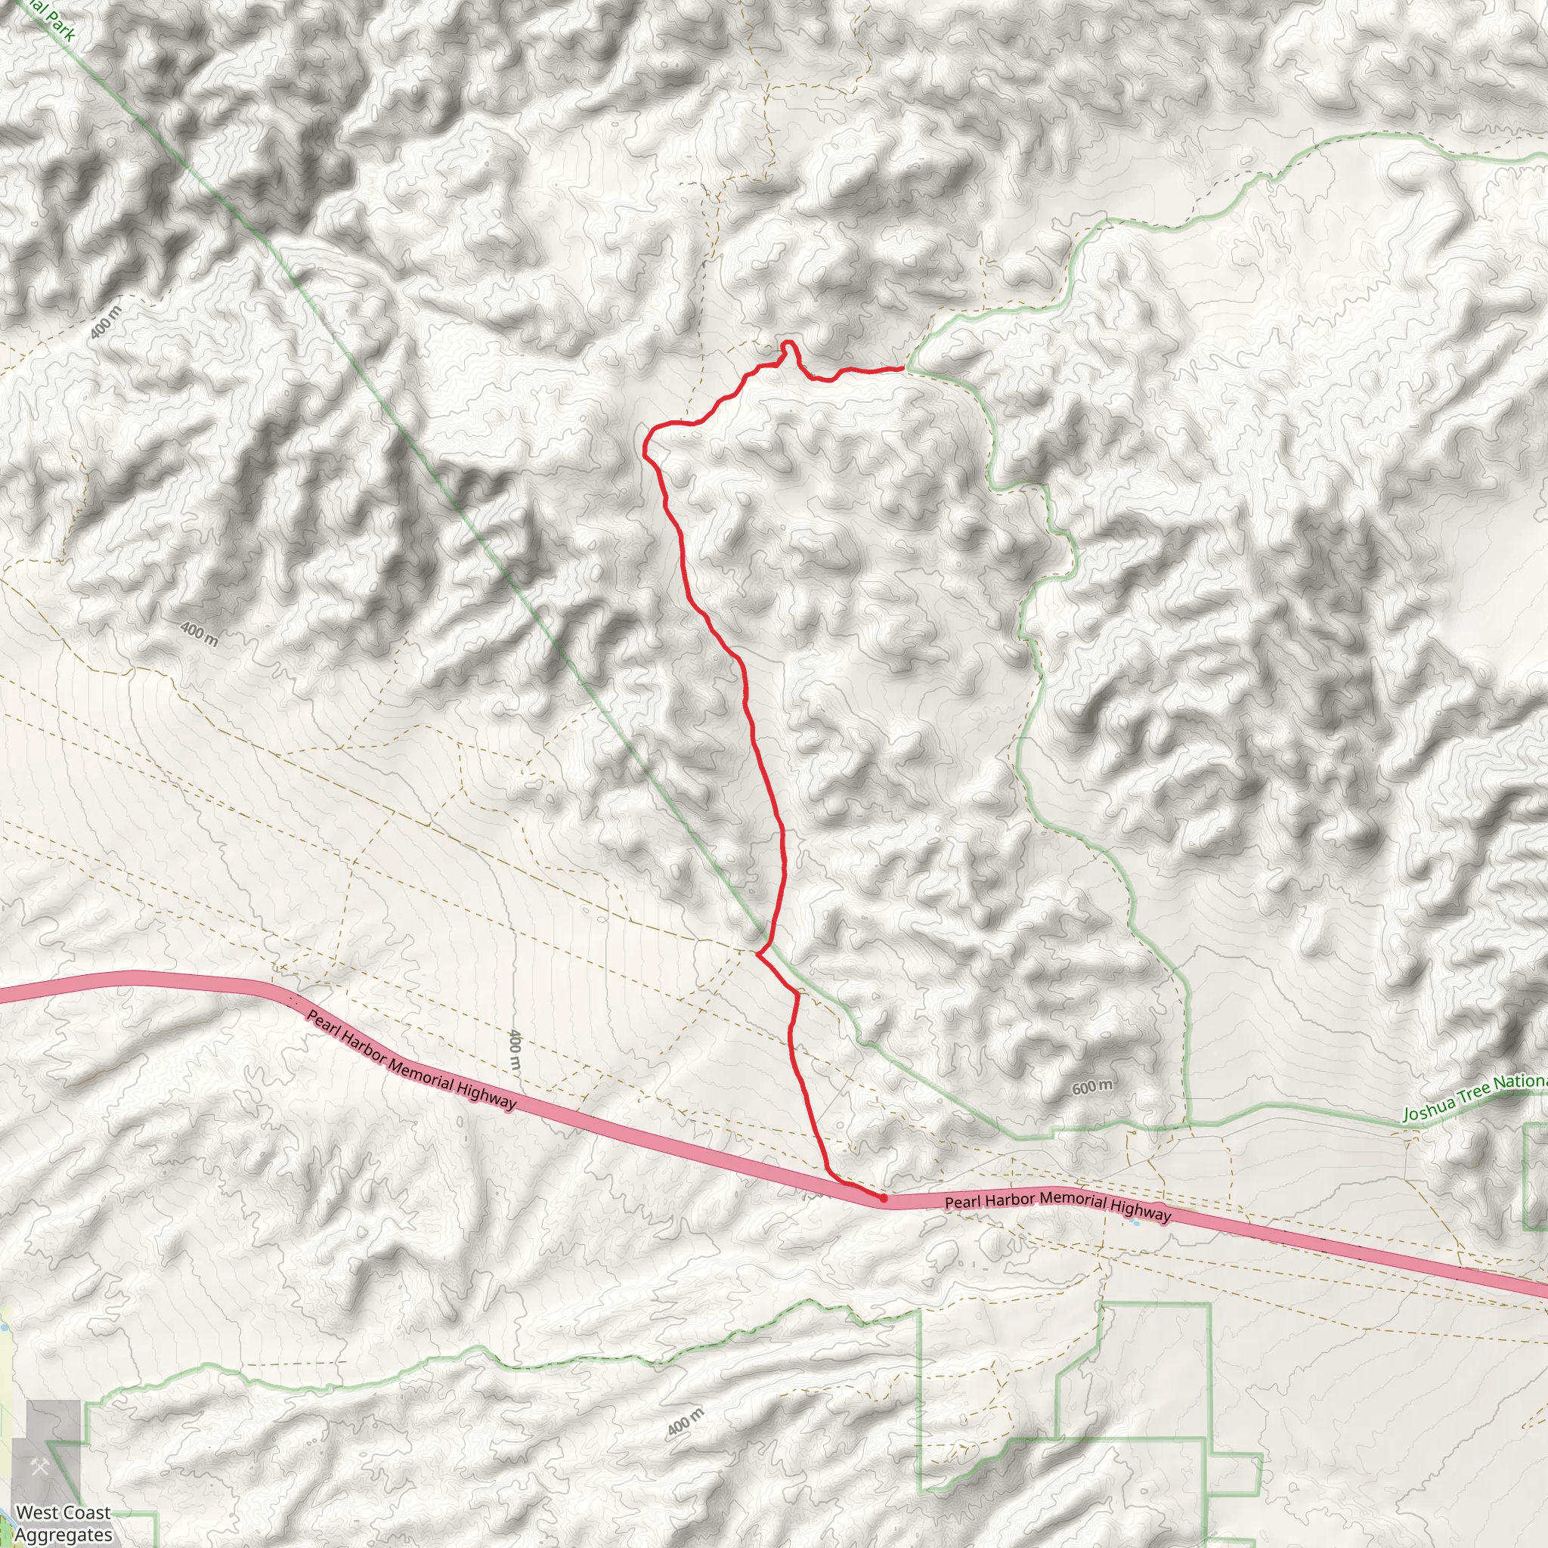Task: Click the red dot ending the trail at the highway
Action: point(883,1199)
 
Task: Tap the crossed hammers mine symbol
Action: point(40,1468)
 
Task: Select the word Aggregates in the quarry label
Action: point(63,1534)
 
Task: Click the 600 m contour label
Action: point(1092,1087)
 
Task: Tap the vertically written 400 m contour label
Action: point(515,1051)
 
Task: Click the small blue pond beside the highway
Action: point(1137,1223)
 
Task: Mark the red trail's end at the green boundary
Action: point(903,369)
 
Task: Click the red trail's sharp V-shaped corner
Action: point(758,953)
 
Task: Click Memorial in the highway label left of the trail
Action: point(423,1076)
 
